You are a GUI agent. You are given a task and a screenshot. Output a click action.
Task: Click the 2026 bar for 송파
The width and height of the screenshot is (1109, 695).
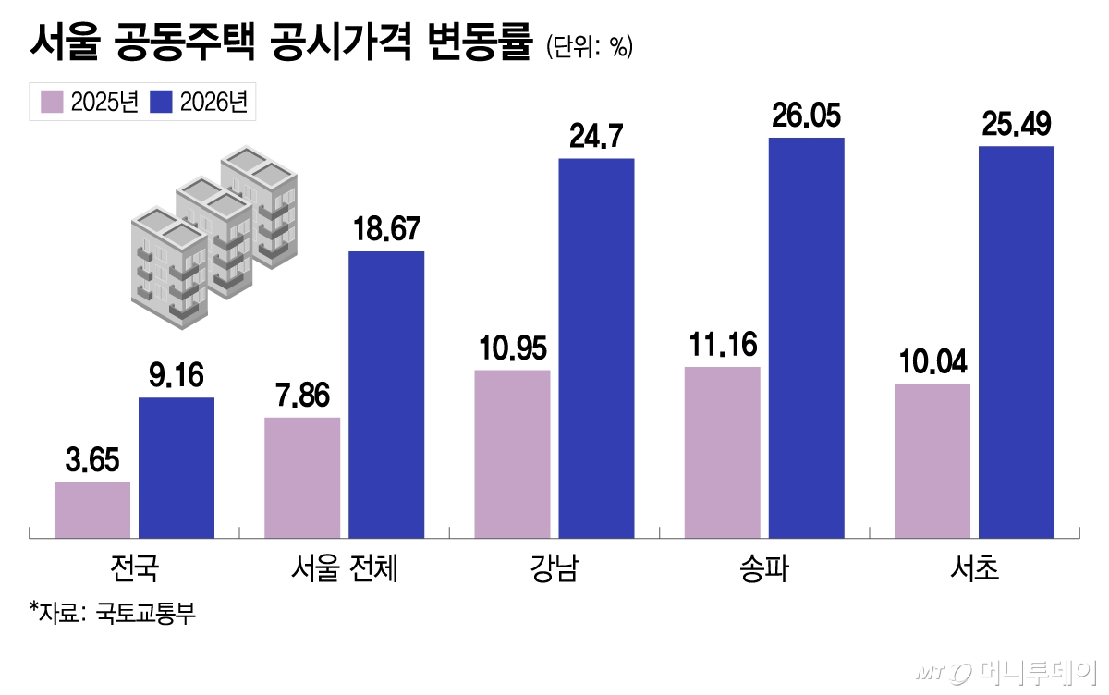click(x=806, y=337)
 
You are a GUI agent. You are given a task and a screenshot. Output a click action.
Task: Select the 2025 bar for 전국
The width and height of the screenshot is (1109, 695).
click(x=92, y=509)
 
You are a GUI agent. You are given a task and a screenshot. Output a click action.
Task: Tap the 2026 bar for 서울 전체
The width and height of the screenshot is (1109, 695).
click(x=386, y=394)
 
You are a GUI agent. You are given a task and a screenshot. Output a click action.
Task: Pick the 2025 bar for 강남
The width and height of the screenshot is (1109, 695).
click(x=512, y=453)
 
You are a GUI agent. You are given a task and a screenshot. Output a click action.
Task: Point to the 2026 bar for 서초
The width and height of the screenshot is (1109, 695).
click(x=1017, y=341)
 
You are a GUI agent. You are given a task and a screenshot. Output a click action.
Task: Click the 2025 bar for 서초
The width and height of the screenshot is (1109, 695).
click(x=932, y=459)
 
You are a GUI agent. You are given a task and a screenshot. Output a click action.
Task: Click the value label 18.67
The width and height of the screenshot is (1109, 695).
click(x=386, y=229)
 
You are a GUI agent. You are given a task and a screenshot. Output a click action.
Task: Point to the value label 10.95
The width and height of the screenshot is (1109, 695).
click(x=512, y=348)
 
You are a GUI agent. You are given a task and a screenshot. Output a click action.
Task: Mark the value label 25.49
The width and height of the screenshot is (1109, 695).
click(x=1017, y=125)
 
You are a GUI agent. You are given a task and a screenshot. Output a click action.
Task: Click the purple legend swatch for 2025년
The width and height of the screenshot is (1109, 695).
click(x=52, y=102)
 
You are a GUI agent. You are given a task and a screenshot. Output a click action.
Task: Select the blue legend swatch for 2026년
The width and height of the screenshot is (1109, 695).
click(x=161, y=102)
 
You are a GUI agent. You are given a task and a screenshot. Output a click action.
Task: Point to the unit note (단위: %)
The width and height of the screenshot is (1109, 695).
click(x=589, y=47)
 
